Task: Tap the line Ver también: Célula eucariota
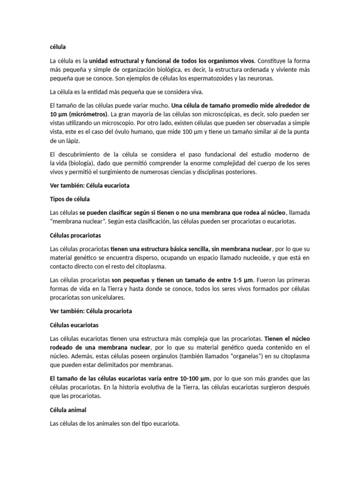[89, 186]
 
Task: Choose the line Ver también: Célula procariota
[90, 311]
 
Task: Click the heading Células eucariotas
[74, 324]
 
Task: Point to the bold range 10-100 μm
[196, 378]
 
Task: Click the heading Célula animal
[67, 410]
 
